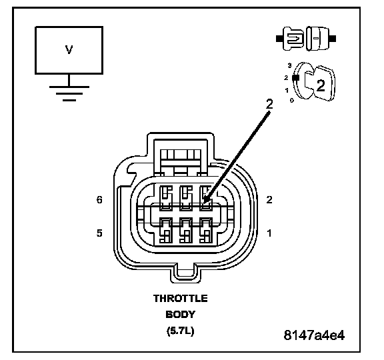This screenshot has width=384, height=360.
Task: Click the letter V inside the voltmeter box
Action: [69, 50]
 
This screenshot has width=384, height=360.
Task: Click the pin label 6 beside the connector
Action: [99, 200]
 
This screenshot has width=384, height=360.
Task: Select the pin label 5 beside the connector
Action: [99, 233]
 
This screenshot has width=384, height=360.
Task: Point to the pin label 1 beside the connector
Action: [269, 233]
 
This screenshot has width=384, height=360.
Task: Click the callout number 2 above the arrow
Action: [269, 104]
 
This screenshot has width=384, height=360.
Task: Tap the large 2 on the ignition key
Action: [321, 86]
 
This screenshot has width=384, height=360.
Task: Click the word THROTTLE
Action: [181, 299]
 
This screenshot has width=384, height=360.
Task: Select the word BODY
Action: [181, 315]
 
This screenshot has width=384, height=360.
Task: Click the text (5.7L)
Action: [181, 331]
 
